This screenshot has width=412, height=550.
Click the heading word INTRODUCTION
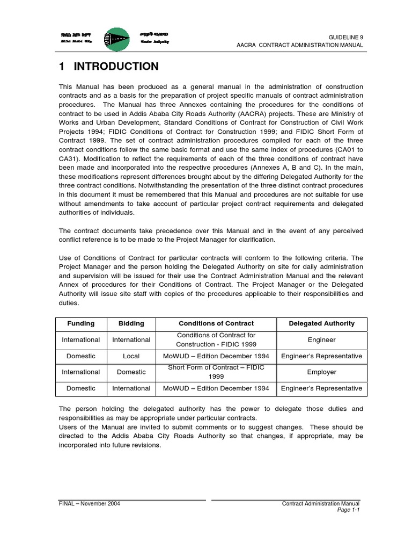click(116, 67)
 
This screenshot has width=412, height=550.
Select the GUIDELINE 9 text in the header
click(345, 37)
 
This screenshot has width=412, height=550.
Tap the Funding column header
click(80, 323)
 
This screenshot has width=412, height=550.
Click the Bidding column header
click(131, 323)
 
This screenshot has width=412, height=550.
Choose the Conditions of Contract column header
click(216, 323)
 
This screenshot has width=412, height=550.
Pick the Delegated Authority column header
click(321, 323)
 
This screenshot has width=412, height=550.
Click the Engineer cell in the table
click(321, 340)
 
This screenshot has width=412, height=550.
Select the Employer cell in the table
click(321, 372)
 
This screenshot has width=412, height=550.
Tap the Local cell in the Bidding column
click(131, 356)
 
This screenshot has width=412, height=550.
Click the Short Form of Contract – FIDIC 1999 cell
click(216, 372)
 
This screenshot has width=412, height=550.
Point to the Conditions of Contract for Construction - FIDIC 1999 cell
click(216, 339)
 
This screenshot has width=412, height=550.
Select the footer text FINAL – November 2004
click(89, 503)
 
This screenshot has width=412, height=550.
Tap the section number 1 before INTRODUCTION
click(62, 67)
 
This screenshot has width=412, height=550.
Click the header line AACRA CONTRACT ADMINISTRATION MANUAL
click(300, 45)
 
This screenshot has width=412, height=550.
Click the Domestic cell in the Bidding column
click(131, 372)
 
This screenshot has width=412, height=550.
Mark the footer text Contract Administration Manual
click(321, 503)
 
